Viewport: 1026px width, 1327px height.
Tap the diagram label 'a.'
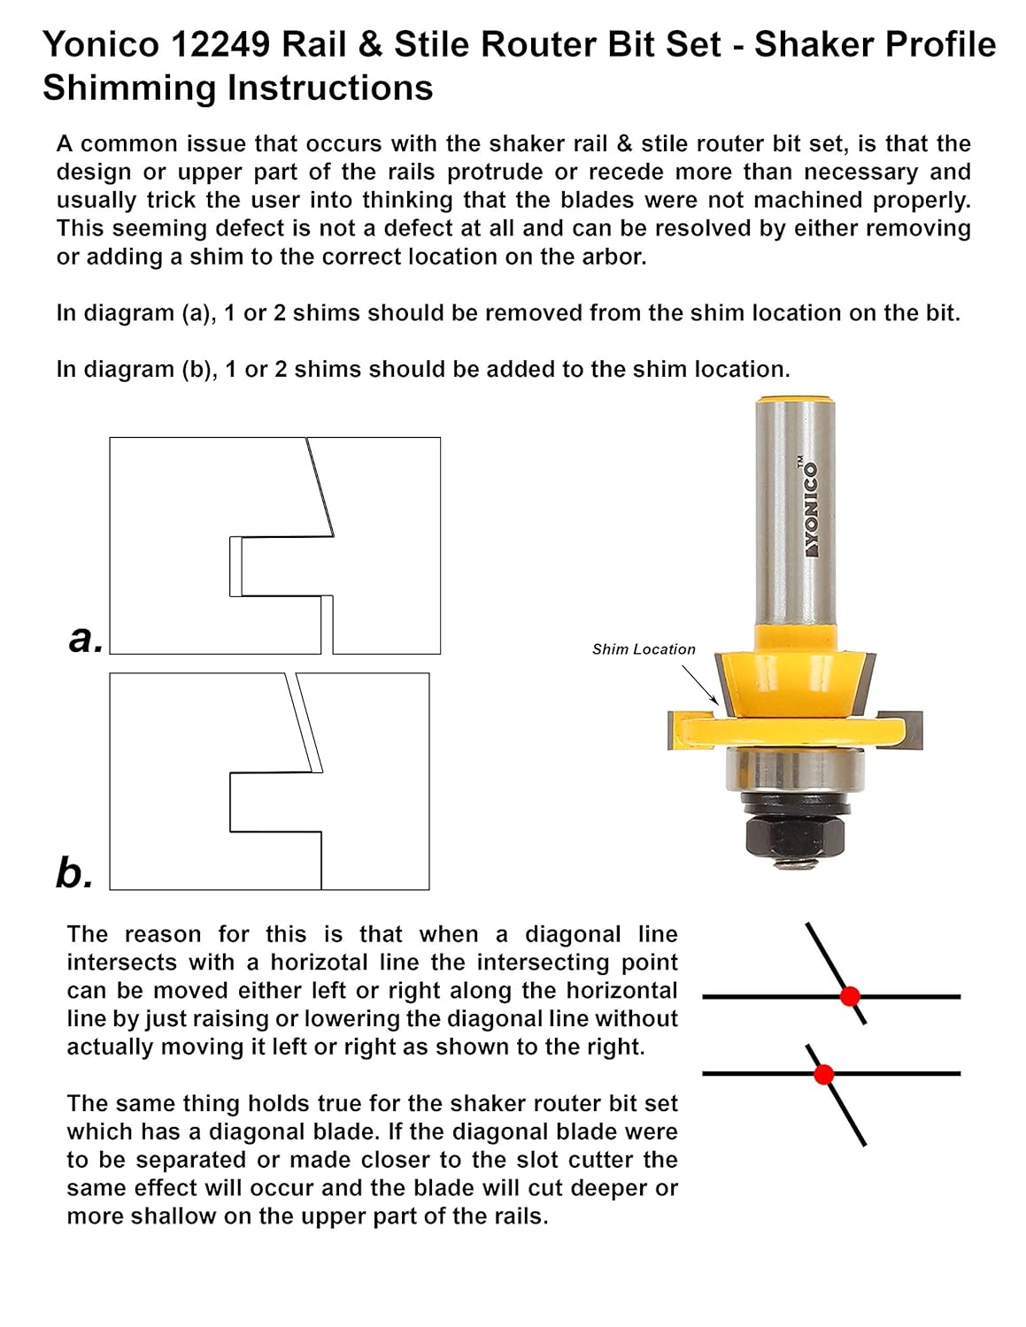[86, 638]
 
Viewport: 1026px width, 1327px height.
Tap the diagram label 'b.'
[74, 873]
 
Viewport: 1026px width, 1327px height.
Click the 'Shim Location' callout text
[644, 649]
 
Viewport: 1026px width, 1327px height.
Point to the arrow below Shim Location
[700, 686]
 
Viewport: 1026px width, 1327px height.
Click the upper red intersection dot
[850, 996]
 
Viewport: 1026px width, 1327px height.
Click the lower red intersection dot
[823, 1075]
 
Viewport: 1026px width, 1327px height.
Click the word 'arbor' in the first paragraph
[615, 257]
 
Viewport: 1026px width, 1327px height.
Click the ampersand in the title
[371, 45]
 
